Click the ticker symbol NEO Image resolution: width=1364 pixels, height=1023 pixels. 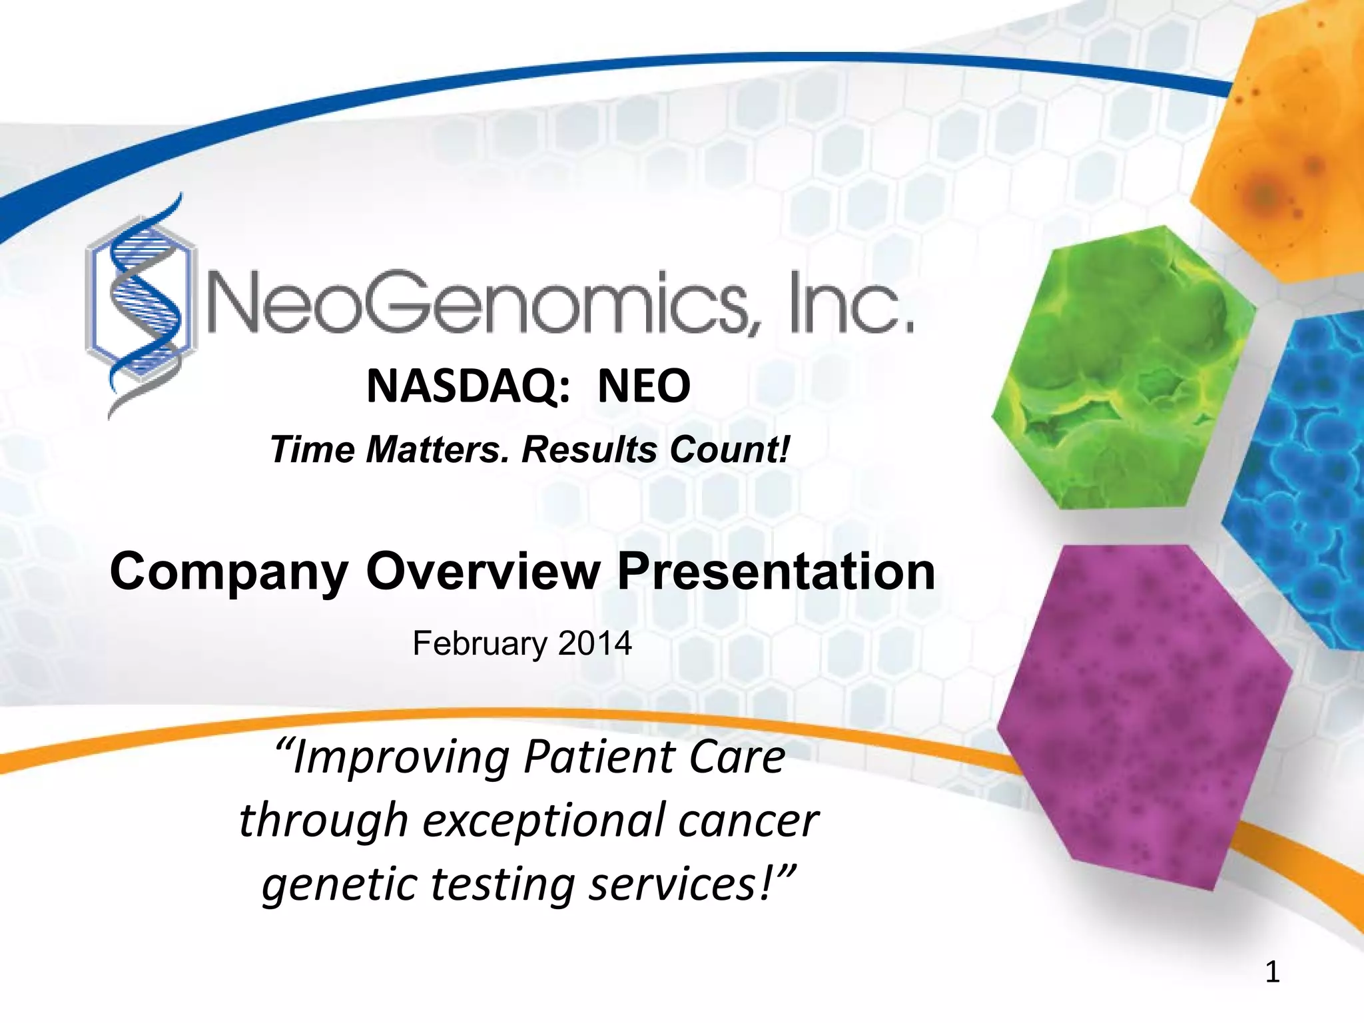click(x=643, y=386)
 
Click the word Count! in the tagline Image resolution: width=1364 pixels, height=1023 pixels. click(x=730, y=449)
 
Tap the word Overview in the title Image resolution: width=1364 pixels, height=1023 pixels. click(x=482, y=571)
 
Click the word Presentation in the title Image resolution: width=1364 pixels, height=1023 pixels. click(x=775, y=571)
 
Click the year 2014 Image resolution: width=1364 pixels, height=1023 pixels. click(x=595, y=643)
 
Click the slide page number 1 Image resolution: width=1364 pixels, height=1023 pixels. click(x=1272, y=972)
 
